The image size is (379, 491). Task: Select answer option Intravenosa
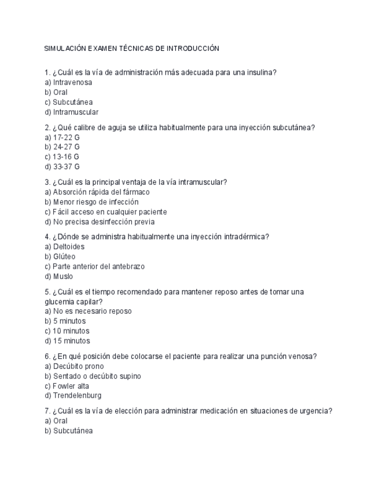coord(72,82)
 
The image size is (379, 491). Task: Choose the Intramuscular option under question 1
coord(75,112)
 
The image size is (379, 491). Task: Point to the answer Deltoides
coord(68,247)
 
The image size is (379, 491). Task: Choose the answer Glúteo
coord(64,257)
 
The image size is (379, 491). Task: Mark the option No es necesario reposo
coord(92,311)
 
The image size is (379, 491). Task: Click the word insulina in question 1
coord(259,72)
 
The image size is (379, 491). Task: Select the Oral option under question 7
coord(60,421)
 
